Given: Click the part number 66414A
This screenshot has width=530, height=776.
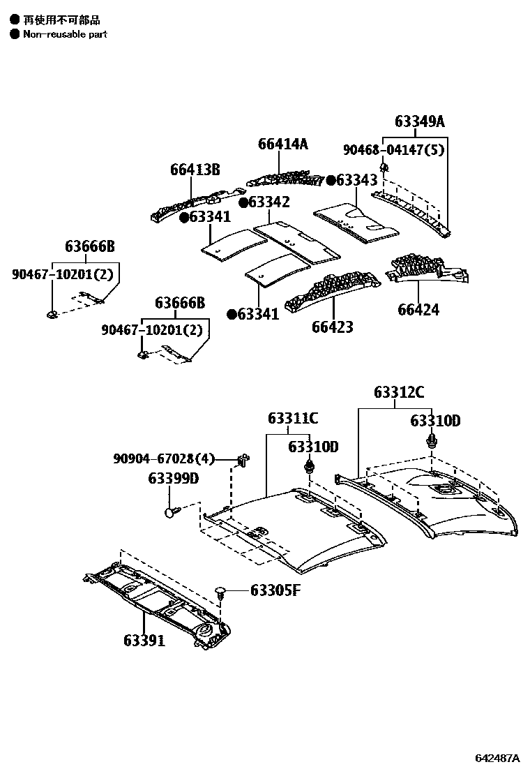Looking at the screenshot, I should (x=282, y=144).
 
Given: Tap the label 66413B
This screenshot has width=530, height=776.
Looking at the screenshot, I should (x=195, y=170).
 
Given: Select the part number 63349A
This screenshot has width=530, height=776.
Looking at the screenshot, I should (x=419, y=121).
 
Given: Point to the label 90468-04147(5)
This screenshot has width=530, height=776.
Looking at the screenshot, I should (x=393, y=149).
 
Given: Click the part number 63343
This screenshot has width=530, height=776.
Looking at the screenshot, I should (x=356, y=180).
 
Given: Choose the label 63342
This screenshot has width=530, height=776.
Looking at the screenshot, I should (x=268, y=202).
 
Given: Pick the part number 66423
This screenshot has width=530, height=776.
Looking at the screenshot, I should (x=332, y=327).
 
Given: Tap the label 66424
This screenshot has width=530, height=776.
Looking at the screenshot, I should (x=418, y=309).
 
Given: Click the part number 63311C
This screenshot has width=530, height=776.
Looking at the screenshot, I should (x=293, y=418).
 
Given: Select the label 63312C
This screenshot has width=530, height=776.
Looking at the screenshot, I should (x=399, y=392).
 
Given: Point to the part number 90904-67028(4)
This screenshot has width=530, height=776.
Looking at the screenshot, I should (x=164, y=458).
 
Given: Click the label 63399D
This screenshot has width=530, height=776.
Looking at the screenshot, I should (x=173, y=479).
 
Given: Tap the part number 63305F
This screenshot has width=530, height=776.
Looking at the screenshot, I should (x=275, y=591).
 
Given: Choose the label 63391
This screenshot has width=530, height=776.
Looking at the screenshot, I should (x=144, y=640).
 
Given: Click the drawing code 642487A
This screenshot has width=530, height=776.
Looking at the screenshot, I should (x=498, y=758).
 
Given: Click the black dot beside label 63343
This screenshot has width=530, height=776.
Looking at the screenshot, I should (x=331, y=180).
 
